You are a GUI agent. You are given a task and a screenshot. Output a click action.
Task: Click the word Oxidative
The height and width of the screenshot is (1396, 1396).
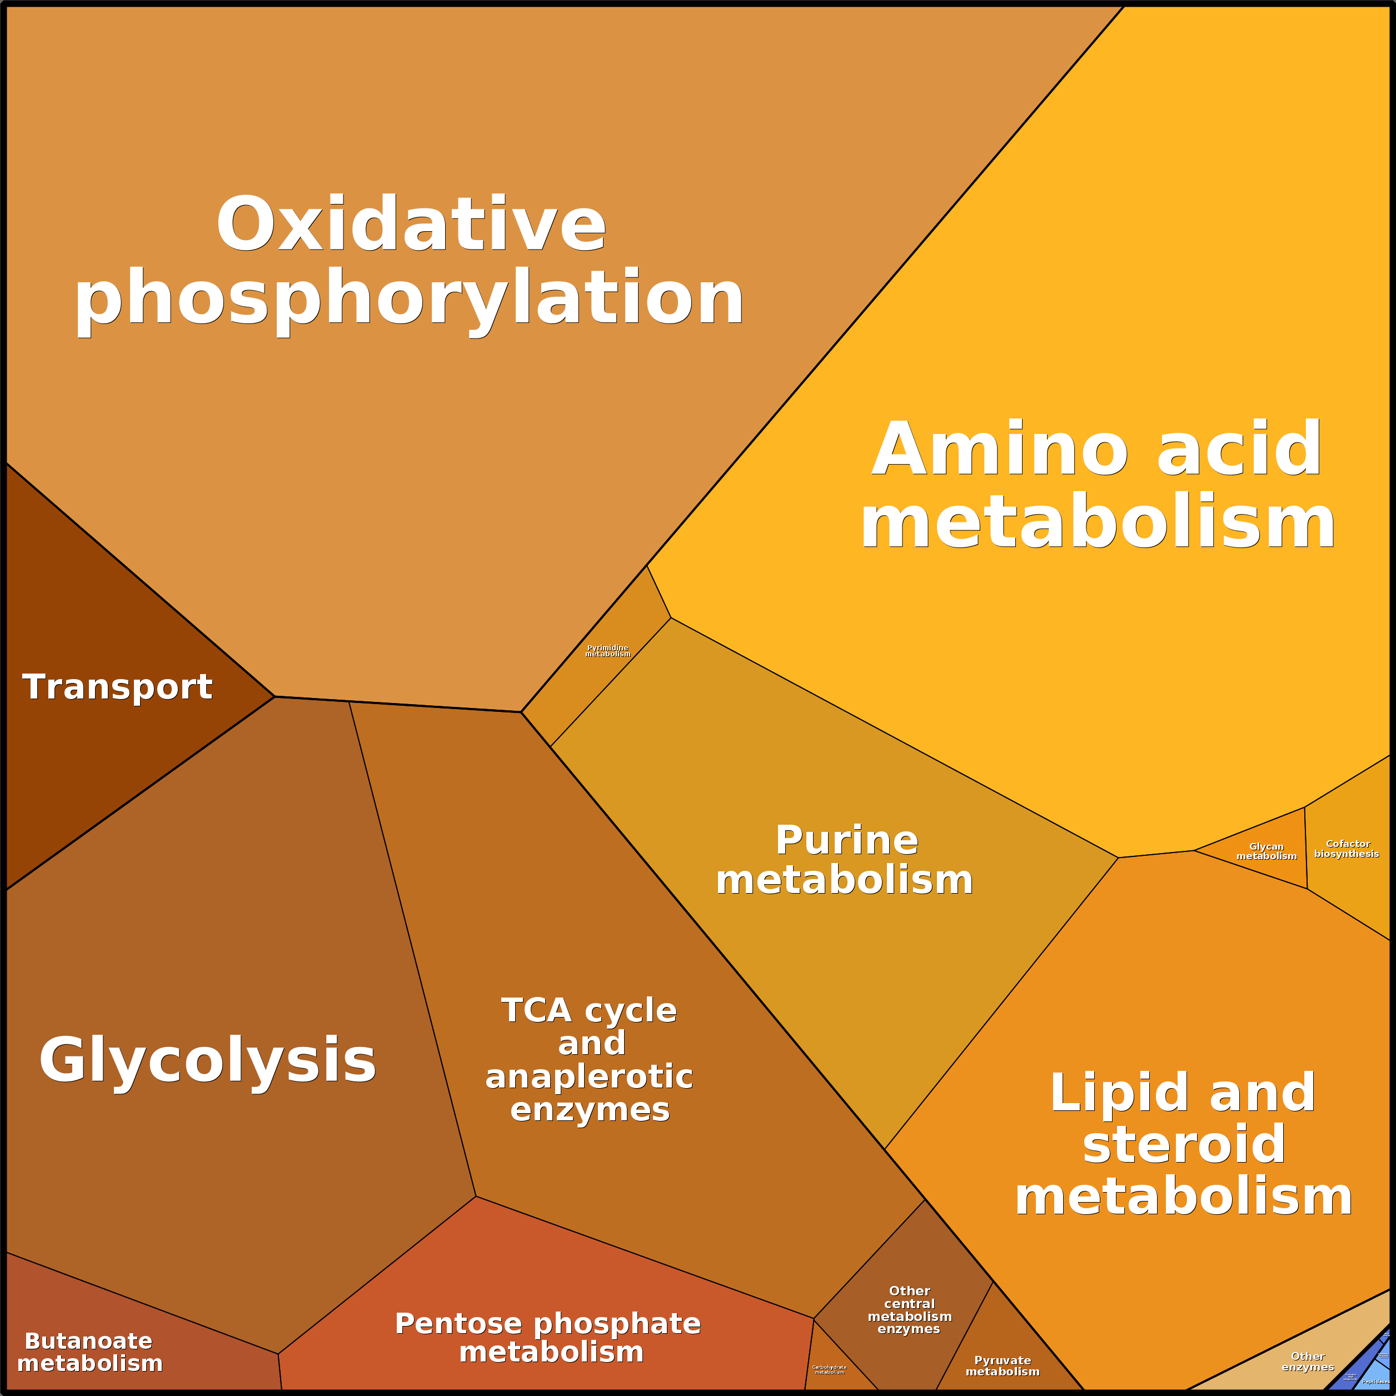click(411, 226)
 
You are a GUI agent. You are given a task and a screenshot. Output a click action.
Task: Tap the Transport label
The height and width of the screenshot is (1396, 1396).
click(118, 686)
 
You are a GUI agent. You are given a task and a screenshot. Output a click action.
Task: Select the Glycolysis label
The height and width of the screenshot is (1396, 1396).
click(207, 1060)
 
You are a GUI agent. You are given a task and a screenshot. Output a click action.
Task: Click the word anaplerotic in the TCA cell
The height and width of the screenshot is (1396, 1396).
click(589, 1076)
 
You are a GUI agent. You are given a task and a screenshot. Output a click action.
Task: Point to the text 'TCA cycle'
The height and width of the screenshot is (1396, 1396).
click(589, 1010)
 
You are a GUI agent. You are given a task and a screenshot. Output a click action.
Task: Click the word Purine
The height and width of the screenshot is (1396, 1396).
click(846, 840)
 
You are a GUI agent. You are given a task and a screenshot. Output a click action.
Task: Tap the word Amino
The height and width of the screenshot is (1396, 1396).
click(999, 450)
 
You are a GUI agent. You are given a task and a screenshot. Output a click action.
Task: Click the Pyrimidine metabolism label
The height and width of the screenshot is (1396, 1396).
click(607, 651)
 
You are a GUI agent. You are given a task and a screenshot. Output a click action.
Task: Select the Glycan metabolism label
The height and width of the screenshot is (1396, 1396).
click(1266, 851)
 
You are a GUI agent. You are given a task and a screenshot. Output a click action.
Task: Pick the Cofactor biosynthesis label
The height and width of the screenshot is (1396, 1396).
click(1347, 849)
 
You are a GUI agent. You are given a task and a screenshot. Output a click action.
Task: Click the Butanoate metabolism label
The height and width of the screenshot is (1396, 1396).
click(89, 1353)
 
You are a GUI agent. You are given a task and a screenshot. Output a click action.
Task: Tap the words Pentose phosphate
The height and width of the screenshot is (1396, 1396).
click(548, 1324)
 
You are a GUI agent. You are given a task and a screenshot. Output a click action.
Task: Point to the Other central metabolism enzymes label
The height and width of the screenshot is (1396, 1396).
click(909, 1310)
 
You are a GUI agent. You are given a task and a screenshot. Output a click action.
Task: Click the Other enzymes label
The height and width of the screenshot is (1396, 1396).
click(1307, 1362)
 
